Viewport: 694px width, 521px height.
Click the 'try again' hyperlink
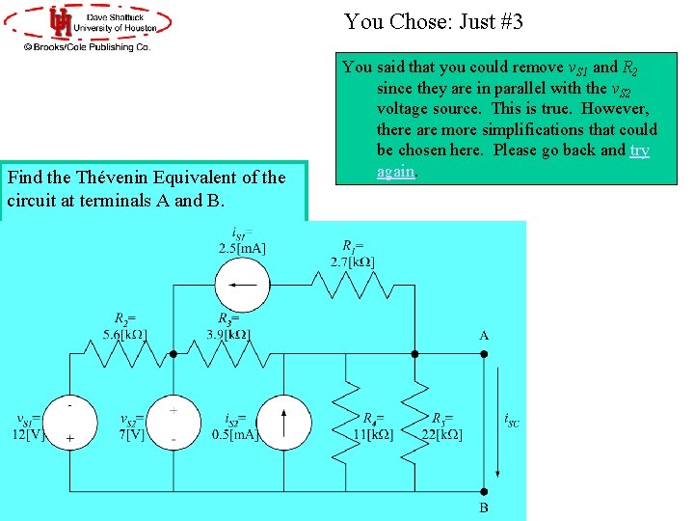(x=639, y=151)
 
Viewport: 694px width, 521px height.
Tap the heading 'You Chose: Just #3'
(x=433, y=21)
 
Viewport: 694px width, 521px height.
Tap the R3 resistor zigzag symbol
(x=225, y=354)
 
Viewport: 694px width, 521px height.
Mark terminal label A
(x=484, y=336)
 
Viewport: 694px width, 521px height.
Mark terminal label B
(x=484, y=507)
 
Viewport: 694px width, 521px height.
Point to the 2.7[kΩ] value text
(x=353, y=262)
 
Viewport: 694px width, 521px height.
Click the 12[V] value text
(x=28, y=434)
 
